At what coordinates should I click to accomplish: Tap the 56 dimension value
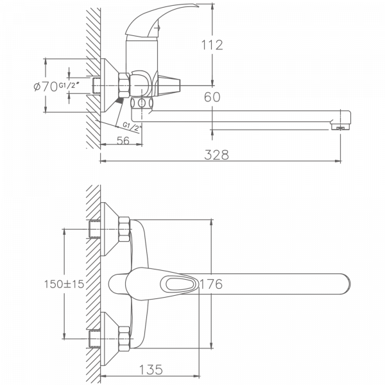tap(123, 141)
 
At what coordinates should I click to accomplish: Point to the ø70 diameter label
tap(45, 86)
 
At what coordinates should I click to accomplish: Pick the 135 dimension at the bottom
tap(149, 370)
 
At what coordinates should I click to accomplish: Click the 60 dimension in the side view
tap(212, 97)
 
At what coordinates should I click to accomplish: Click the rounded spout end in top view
tap(343, 283)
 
